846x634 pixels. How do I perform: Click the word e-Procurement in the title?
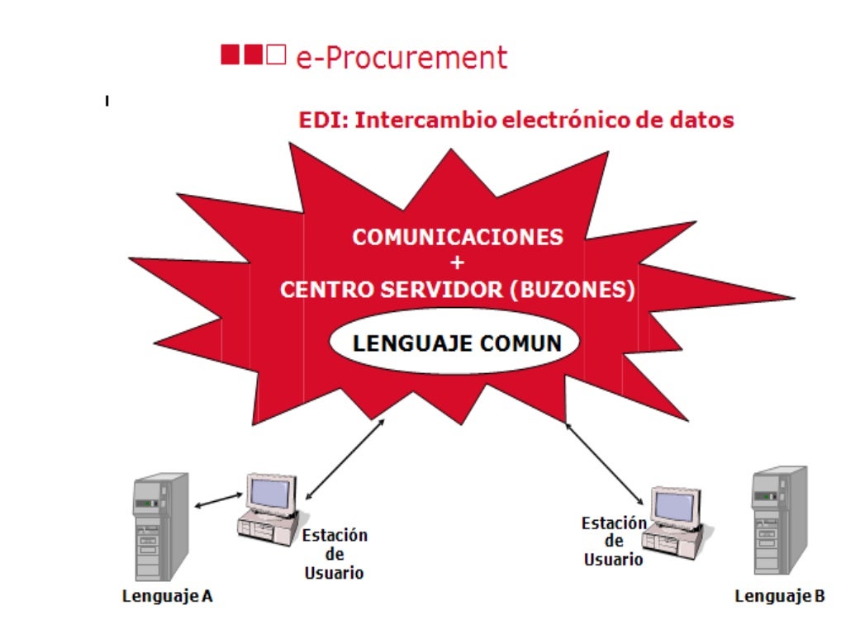point(402,58)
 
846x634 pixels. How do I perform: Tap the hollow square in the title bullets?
point(277,55)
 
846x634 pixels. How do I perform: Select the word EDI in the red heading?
point(321,120)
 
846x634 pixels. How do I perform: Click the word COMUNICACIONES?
point(458,237)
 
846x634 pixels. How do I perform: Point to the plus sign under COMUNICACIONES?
point(459,263)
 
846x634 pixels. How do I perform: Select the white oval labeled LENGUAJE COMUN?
point(457,343)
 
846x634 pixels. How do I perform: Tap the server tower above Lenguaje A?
point(160,526)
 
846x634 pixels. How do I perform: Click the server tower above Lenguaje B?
point(778,520)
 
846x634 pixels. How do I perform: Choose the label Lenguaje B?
point(779,596)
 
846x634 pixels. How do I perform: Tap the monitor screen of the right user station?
point(676,505)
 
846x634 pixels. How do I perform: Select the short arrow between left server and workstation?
point(217,500)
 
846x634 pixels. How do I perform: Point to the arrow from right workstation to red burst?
point(604,463)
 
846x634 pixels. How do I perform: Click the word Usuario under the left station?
point(334,573)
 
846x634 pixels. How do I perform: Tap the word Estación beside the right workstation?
point(614,523)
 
